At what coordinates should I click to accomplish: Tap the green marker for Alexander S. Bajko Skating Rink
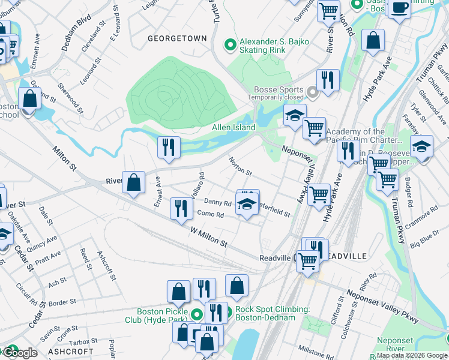[x=229, y=45]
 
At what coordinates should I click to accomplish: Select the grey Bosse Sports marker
[x=312, y=92]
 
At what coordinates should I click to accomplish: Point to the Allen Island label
[x=234, y=128]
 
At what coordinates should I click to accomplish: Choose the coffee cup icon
[x=399, y=8]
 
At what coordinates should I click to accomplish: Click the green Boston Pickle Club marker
[x=197, y=313]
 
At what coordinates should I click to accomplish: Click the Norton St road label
[x=240, y=167]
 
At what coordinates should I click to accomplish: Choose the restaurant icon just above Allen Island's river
[x=169, y=147]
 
